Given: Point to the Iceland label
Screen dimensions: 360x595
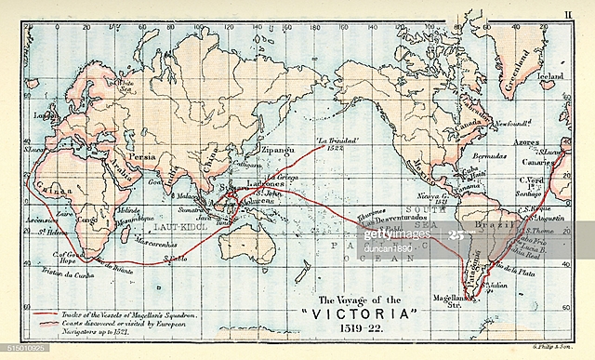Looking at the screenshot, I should point(551,73).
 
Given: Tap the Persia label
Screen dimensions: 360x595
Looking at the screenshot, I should point(142,158).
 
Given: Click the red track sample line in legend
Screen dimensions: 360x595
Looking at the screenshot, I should point(47,315).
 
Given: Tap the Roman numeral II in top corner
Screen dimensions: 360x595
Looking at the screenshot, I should point(568,12).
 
